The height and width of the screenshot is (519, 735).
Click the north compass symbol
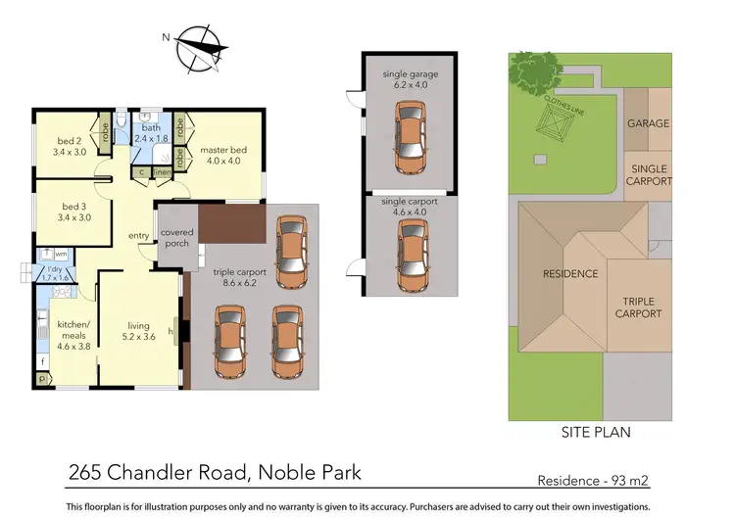202,44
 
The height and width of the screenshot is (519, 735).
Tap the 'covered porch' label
176,238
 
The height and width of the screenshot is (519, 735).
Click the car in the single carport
410,254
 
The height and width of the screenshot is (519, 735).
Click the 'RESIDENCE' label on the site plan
570,273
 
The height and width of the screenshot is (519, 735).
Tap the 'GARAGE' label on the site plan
648,123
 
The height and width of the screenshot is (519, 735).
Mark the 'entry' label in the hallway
138,235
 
